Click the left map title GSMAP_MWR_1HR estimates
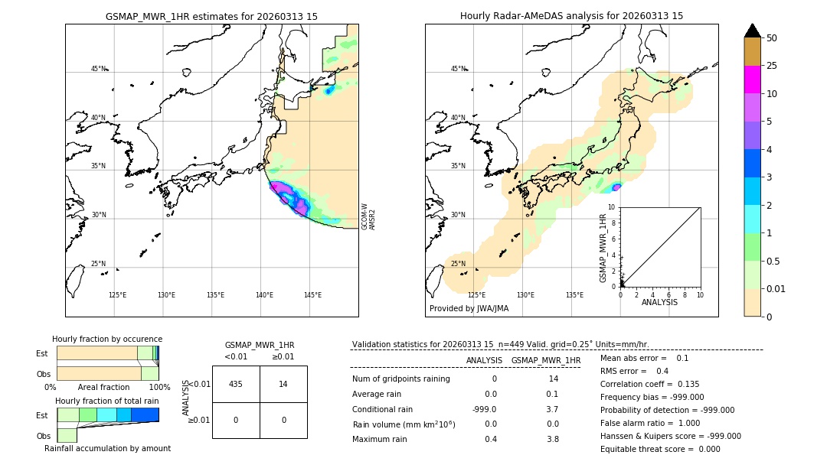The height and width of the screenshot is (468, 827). tap(211, 16)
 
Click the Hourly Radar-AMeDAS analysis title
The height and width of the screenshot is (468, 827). tap(571, 16)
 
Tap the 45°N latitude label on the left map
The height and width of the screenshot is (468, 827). tap(98, 69)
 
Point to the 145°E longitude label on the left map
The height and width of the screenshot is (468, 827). tap(312, 295)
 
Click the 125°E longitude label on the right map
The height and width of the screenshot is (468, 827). tap(476, 295)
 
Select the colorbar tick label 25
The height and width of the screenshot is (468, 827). tap(772, 66)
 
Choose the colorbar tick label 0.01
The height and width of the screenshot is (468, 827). tap(776, 289)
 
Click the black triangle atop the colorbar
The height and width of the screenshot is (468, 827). tap(753, 31)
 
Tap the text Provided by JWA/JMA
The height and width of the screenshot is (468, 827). tap(469, 309)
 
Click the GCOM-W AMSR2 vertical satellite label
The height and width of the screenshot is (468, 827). tap(368, 216)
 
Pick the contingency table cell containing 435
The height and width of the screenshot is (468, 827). tap(236, 384)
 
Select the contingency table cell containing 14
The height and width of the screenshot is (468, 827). tap(283, 384)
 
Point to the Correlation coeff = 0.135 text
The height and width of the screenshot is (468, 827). tap(650, 384)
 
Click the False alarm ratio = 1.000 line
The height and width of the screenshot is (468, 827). tap(649, 423)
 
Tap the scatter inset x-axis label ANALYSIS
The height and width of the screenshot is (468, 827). tap(660, 302)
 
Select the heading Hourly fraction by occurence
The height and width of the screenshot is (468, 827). tap(107, 339)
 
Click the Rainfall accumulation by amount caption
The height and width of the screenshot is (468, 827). tap(107, 448)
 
